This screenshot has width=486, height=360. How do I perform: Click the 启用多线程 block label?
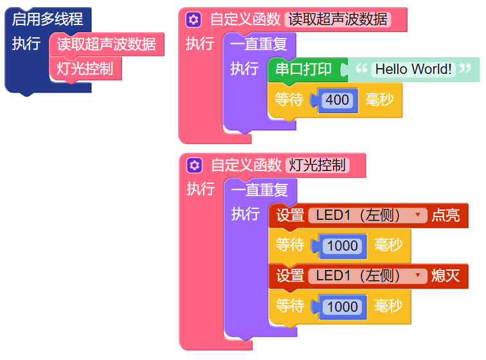(48, 19)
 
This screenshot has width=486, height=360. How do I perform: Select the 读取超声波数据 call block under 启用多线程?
(106, 44)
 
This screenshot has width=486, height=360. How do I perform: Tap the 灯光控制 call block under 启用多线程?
(85, 68)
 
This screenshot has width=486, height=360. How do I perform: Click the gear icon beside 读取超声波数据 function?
(194, 19)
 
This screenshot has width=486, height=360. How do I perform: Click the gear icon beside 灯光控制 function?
(194, 165)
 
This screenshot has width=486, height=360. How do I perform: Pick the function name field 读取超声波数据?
(337, 19)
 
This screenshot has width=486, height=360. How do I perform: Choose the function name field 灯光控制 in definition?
(318, 165)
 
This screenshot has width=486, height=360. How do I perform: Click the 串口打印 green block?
(303, 69)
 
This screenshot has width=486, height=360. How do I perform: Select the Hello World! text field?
(413, 69)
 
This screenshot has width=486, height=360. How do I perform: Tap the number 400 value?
(337, 100)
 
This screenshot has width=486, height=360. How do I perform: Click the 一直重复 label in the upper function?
(259, 45)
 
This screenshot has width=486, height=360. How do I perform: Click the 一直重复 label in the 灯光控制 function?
(260, 190)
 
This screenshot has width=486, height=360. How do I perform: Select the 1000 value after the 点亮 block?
(342, 246)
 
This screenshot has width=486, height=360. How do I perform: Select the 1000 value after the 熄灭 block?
(342, 307)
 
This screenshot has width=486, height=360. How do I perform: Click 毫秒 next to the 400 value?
(379, 100)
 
